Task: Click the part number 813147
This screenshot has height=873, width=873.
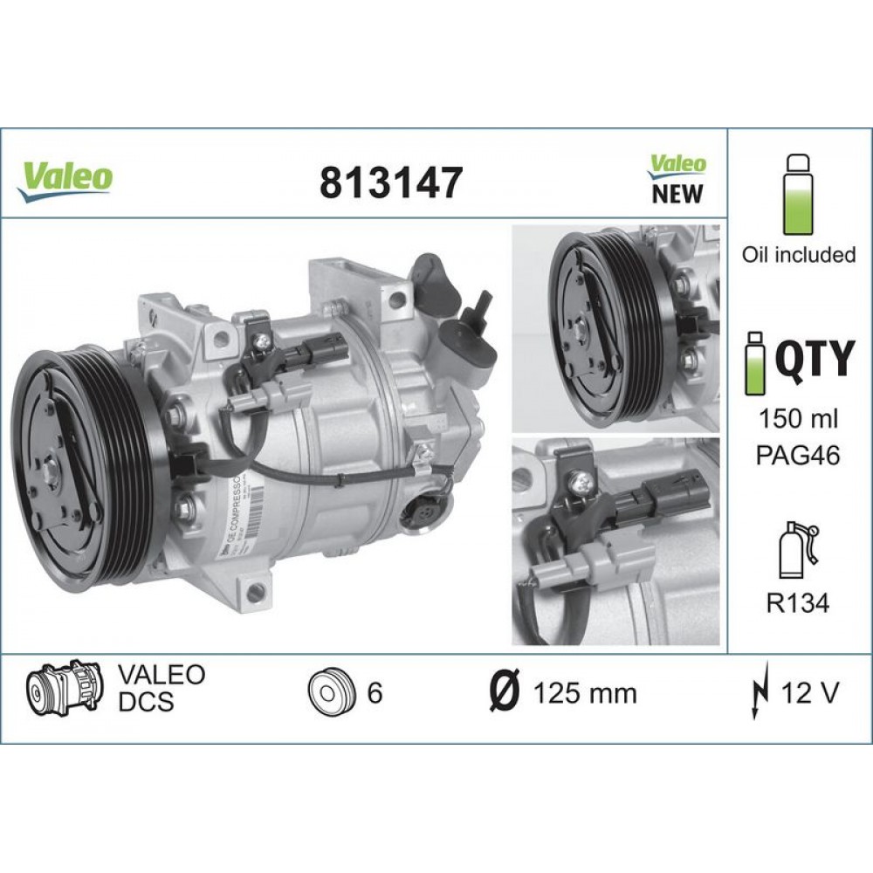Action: click(389, 182)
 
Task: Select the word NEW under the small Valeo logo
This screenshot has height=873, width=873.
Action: click(677, 193)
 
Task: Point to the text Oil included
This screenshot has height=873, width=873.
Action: click(798, 255)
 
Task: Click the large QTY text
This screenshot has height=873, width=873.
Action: click(815, 359)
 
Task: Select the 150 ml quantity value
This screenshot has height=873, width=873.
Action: click(799, 418)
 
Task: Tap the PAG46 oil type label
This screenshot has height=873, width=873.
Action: click(799, 455)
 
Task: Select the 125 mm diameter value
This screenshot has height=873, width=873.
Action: click(584, 694)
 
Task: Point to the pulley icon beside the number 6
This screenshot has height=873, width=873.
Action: click(330, 693)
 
